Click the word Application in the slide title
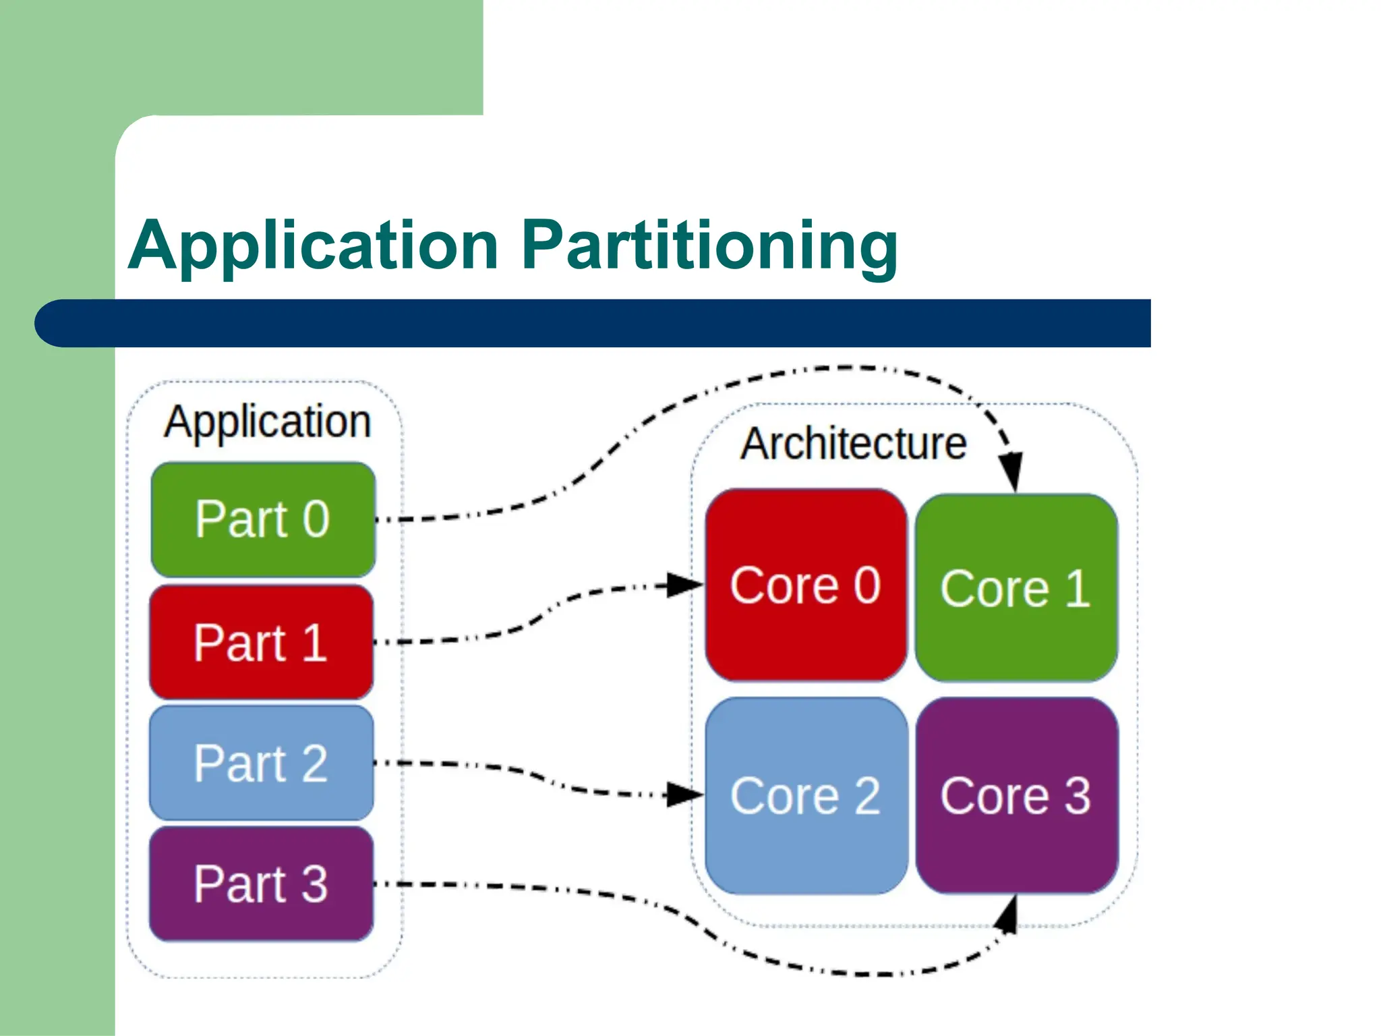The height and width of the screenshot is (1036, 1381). point(313,246)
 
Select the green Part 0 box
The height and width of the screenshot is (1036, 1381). point(263,519)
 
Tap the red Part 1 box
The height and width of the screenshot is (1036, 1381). point(261,642)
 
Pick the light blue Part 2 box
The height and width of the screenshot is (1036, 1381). point(261,763)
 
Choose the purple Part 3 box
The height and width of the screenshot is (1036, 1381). point(261,884)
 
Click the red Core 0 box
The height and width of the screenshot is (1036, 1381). point(806,585)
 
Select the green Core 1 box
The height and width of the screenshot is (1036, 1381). point(1016,588)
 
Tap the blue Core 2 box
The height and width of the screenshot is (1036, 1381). point(806,796)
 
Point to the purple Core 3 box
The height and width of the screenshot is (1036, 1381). point(1016,796)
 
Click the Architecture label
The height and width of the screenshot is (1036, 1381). point(854,444)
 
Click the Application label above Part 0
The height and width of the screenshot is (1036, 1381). point(267,422)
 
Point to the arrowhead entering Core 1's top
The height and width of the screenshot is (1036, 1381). point(1011,472)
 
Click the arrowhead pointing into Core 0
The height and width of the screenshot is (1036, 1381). point(684,585)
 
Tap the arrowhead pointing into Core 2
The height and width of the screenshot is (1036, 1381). point(684,794)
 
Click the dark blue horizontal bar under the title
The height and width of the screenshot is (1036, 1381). point(593,323)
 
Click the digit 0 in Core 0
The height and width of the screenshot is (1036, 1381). point(867,585)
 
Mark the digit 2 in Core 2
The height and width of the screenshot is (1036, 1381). point(867,796)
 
